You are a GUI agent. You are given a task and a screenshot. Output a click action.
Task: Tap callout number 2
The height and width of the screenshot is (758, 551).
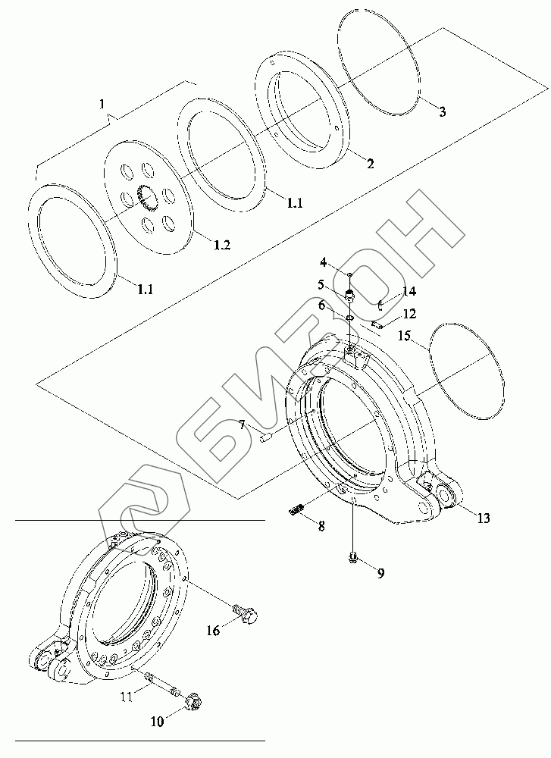(370, 164)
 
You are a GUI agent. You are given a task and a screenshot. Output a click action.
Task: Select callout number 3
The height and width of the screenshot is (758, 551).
(443, 111)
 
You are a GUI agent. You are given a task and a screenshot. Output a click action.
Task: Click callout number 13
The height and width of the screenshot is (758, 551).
(483, 518)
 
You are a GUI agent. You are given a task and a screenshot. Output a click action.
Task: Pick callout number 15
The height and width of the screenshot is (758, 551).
(405, 335)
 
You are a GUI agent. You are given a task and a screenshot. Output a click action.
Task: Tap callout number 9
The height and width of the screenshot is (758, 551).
(380, 573)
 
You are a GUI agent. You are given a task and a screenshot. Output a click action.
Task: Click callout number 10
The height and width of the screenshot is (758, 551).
(157, 722)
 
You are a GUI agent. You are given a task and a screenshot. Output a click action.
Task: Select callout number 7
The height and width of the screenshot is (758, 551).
(242, 426)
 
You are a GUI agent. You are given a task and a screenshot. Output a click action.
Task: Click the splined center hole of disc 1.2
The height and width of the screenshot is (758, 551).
(146, 199)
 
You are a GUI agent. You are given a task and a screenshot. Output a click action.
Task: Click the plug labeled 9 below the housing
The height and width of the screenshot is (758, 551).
(353, 559)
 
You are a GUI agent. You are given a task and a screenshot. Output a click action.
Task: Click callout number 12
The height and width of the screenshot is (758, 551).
(409, 313)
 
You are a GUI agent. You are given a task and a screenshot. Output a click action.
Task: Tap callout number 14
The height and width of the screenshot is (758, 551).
(409, 291)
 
